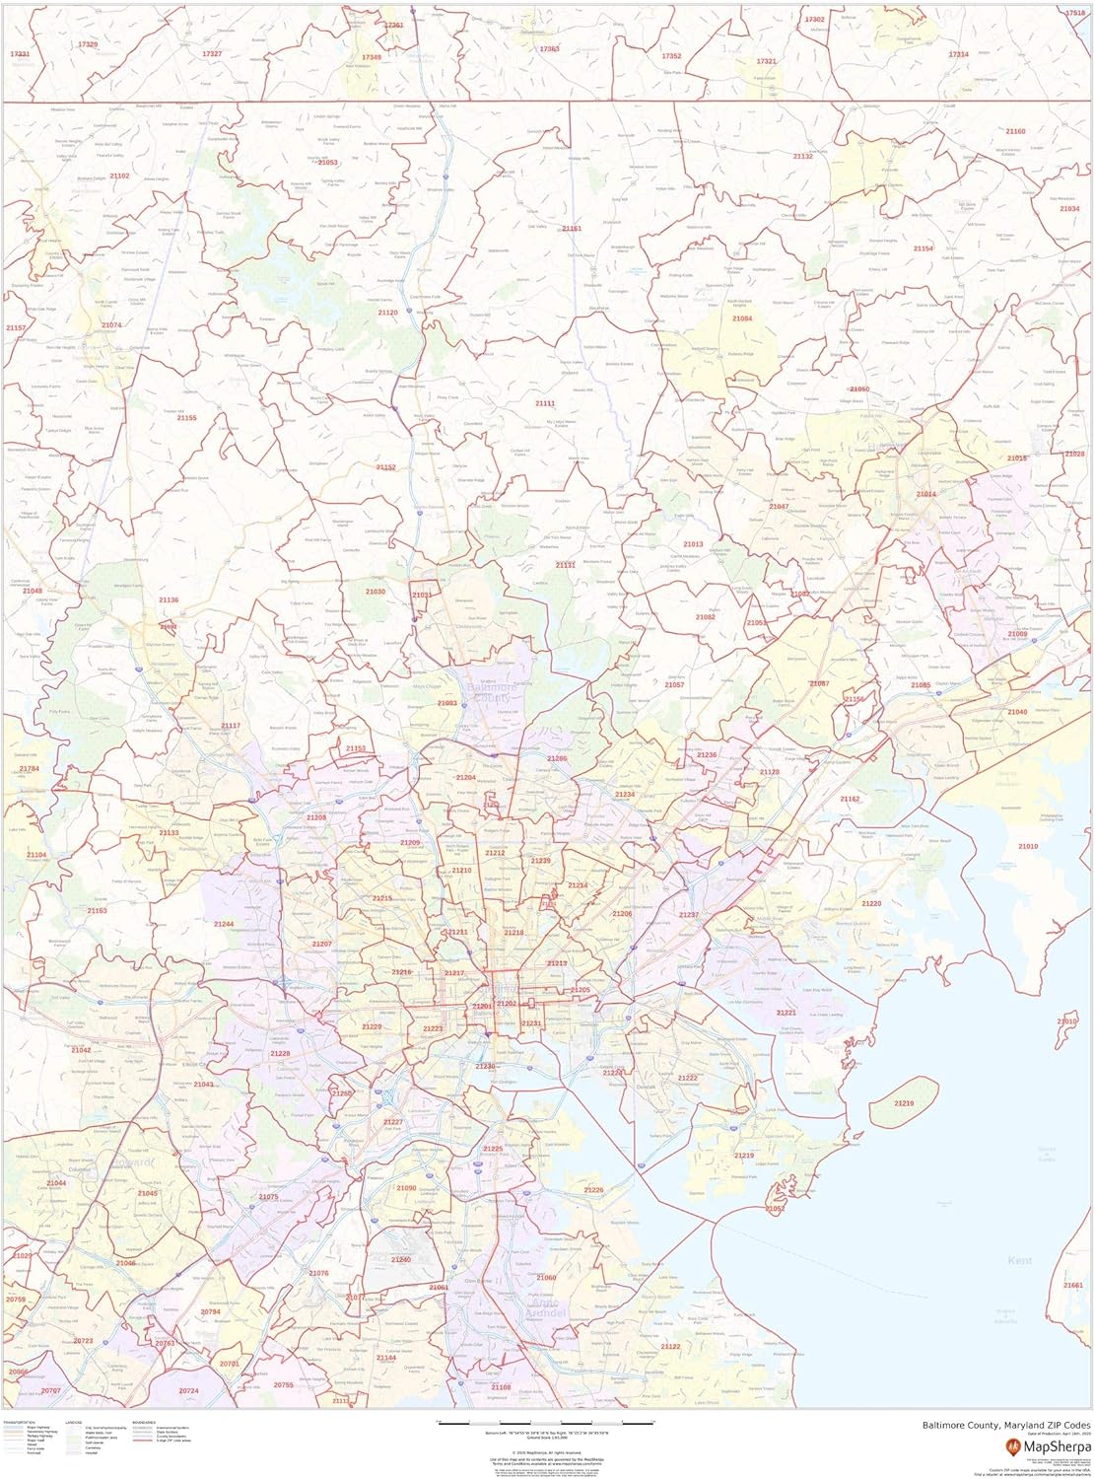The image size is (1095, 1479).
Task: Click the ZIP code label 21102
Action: pos(119,176)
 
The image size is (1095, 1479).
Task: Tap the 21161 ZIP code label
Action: pos(572,229)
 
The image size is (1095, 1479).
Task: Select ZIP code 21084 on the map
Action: pos(741,318)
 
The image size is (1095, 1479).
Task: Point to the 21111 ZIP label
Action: pos(545,403)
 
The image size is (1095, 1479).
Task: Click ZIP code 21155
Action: pos(186,418)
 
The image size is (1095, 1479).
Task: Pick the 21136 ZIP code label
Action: pos(169,599)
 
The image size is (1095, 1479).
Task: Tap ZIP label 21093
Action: pos(446,703)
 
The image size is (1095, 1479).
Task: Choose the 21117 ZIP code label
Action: pos(230,726)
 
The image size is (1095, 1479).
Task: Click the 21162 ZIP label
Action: pos(850,799)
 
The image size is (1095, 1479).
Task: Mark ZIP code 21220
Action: pos(871,903)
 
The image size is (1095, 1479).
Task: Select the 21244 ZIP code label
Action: pos(224,924)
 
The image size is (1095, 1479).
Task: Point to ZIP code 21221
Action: pos(786,1013)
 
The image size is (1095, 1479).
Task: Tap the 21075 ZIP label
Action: pos(268,1196)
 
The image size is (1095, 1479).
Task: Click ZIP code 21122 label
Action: pos(670,1346)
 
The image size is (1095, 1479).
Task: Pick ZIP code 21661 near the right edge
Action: pos(1073,1285)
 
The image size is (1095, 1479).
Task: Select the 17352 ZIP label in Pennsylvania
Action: pos(671,56)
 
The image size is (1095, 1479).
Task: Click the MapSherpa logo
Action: pos(1042,1445)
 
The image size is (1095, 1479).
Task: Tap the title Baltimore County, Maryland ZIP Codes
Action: pos(1006,1425)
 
